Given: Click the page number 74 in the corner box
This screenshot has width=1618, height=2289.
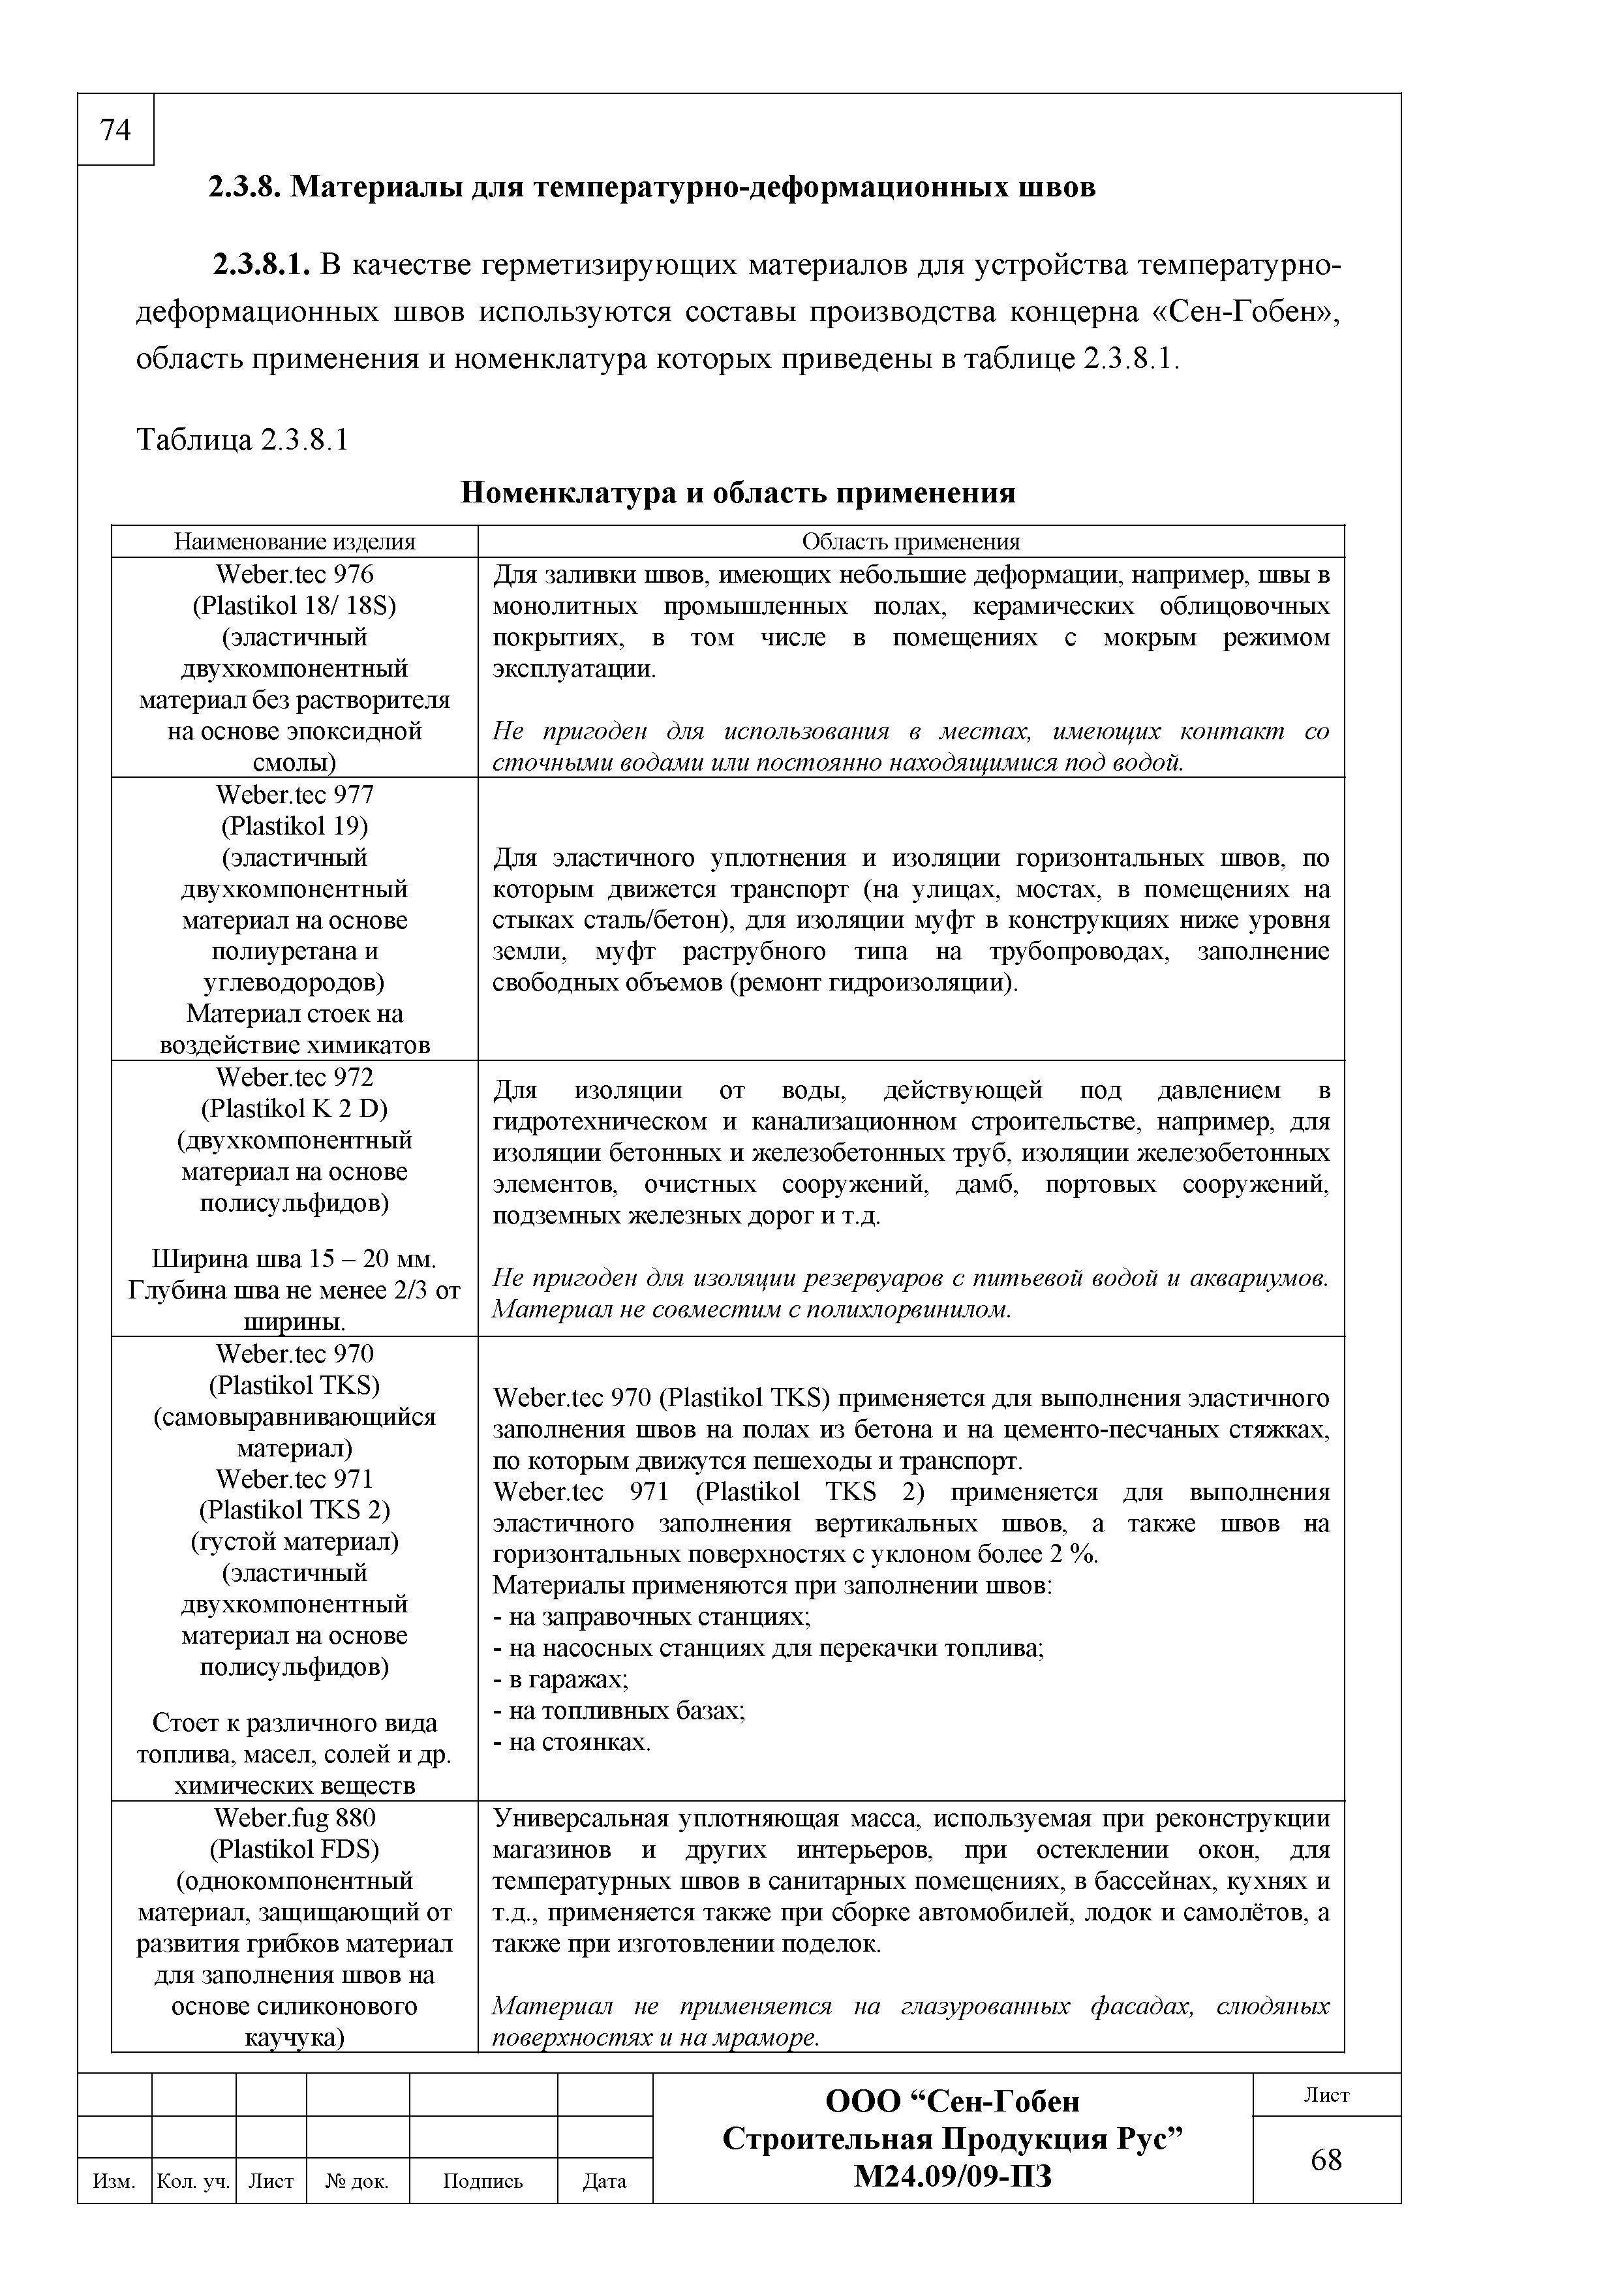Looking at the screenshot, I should click(x=115, y=131).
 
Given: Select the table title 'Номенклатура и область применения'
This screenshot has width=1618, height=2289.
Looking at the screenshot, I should click(x=738, y=493).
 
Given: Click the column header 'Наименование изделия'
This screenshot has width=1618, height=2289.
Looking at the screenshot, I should click(x=294, y=542).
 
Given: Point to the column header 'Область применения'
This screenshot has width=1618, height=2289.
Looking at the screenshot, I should click(x=910, y=542).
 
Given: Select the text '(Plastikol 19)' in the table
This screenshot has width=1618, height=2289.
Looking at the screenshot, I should click(x=294, y=827).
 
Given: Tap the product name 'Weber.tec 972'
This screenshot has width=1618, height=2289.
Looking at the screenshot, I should click(x=294, y=1078).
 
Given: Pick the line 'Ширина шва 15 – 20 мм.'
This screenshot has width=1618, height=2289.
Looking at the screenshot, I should click(x=294, y=1258).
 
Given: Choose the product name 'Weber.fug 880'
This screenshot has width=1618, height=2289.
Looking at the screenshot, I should click(x=294, y=1817).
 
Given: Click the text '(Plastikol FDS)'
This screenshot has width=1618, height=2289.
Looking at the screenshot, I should click(x=294, y=1849).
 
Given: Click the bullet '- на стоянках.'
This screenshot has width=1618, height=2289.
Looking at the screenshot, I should click(x=572, y=1743).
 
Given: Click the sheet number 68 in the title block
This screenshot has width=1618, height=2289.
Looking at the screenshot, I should click(x=1326, y=2160).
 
